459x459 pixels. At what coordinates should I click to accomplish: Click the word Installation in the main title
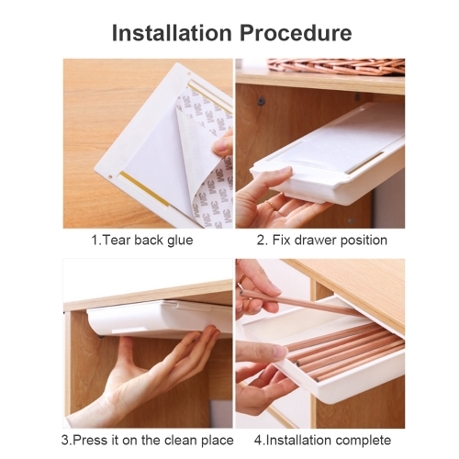pos(172,32)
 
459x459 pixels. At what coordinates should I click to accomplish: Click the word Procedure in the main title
pos(296,32)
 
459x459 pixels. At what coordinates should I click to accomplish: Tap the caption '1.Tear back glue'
pos(142,241)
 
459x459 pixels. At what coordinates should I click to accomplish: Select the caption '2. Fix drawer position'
pos(321,241)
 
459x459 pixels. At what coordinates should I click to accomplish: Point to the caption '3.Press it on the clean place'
pos(148,441)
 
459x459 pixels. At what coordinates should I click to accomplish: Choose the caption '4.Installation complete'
pos(322,441)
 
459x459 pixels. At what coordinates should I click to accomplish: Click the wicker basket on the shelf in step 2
pos(336,67)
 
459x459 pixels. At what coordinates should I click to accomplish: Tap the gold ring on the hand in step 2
pos(272,206)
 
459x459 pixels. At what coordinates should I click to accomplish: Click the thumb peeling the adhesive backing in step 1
pos(222,143)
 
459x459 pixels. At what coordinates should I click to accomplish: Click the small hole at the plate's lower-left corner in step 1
pos(110,176)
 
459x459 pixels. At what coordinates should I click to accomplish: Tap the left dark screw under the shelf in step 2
pos(261,101)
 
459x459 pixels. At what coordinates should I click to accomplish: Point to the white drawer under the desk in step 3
pos(159,319)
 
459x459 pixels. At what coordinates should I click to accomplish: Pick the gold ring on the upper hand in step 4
pos(241,279)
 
